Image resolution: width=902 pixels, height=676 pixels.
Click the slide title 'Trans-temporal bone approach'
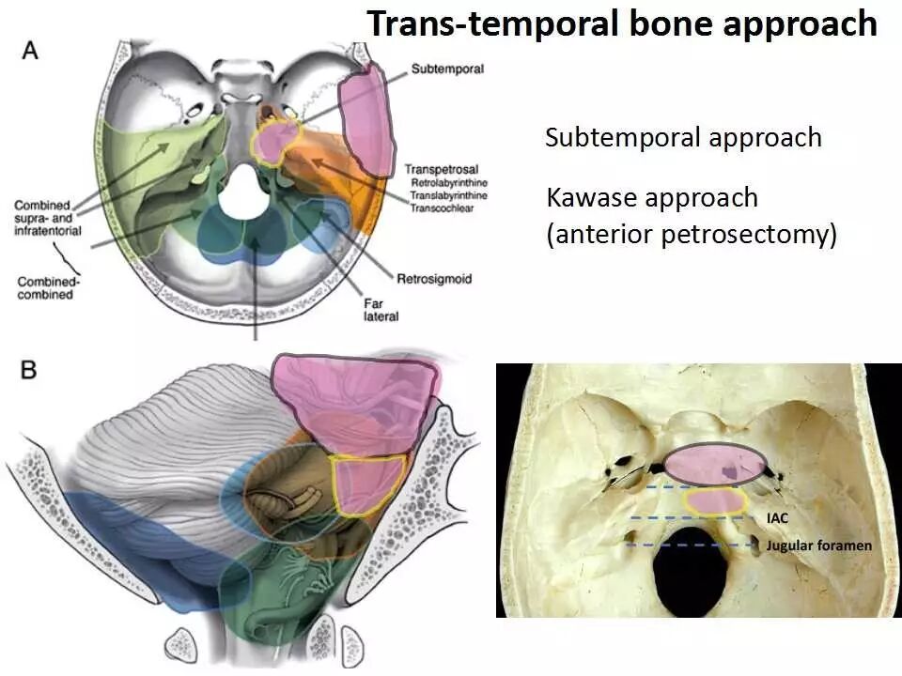pyautogui.click(x=622, y=24)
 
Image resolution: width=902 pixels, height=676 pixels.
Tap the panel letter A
pyautogui.click(x=31, y=50)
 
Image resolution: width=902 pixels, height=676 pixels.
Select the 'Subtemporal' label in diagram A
pyautogui.click(x=447, y=69)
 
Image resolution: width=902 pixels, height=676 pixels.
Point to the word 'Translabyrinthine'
pyautogui.click(x=447, y=196)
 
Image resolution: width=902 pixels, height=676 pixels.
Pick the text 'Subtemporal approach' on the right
pyautogui.click(x=683, y=138)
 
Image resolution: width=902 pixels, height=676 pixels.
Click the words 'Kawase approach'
pyautogui.click(x=651, y=198)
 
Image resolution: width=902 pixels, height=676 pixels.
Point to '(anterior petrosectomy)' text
pyautogui.click(x=691, y=233)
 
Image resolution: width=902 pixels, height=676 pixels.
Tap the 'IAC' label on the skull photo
pyautogui.click(x=776, y=517)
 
